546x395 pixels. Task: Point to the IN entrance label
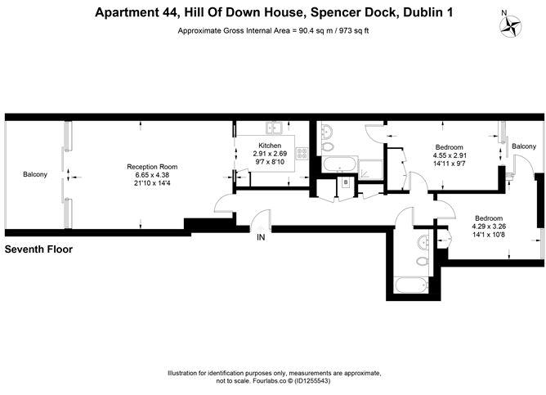(261, 238)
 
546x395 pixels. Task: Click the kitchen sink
(274, 127)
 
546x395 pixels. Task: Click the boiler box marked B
(347, 182)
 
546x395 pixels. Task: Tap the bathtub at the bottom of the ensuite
(409, 285)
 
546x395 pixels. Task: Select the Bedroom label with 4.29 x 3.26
(489, 218)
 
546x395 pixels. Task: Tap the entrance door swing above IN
(261, 219)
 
